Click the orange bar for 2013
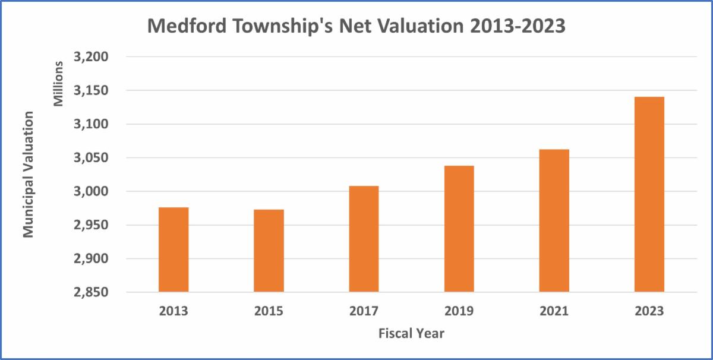[173, 250]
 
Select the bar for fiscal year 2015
[269, 251]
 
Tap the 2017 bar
[364, 239]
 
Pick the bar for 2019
[459, 229]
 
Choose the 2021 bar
[554, 220]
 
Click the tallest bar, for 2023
[649, 194]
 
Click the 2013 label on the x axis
[173, 311]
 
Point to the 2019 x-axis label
[459, 311]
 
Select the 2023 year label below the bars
[649, 311]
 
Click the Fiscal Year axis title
[411, 333]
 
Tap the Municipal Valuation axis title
[29, 174]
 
